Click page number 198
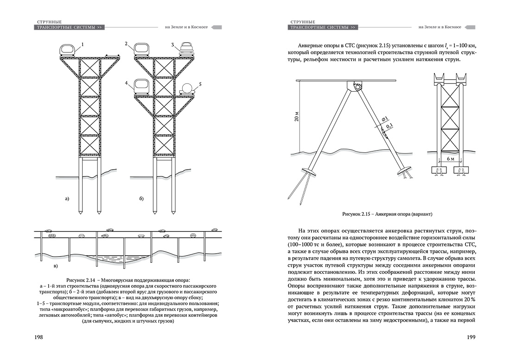point(38,337)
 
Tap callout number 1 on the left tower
point(83,45)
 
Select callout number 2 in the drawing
point(126,44)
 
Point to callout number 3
point(173,45)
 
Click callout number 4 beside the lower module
point(126,83)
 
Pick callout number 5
point(200,84)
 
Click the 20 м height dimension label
point(296,117)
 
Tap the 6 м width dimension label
point(450,158)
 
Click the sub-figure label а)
point(67,199)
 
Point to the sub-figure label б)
point(141,199)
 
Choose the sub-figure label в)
point(55,266)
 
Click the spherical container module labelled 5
point(187,88)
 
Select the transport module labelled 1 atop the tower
point(67,51)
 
